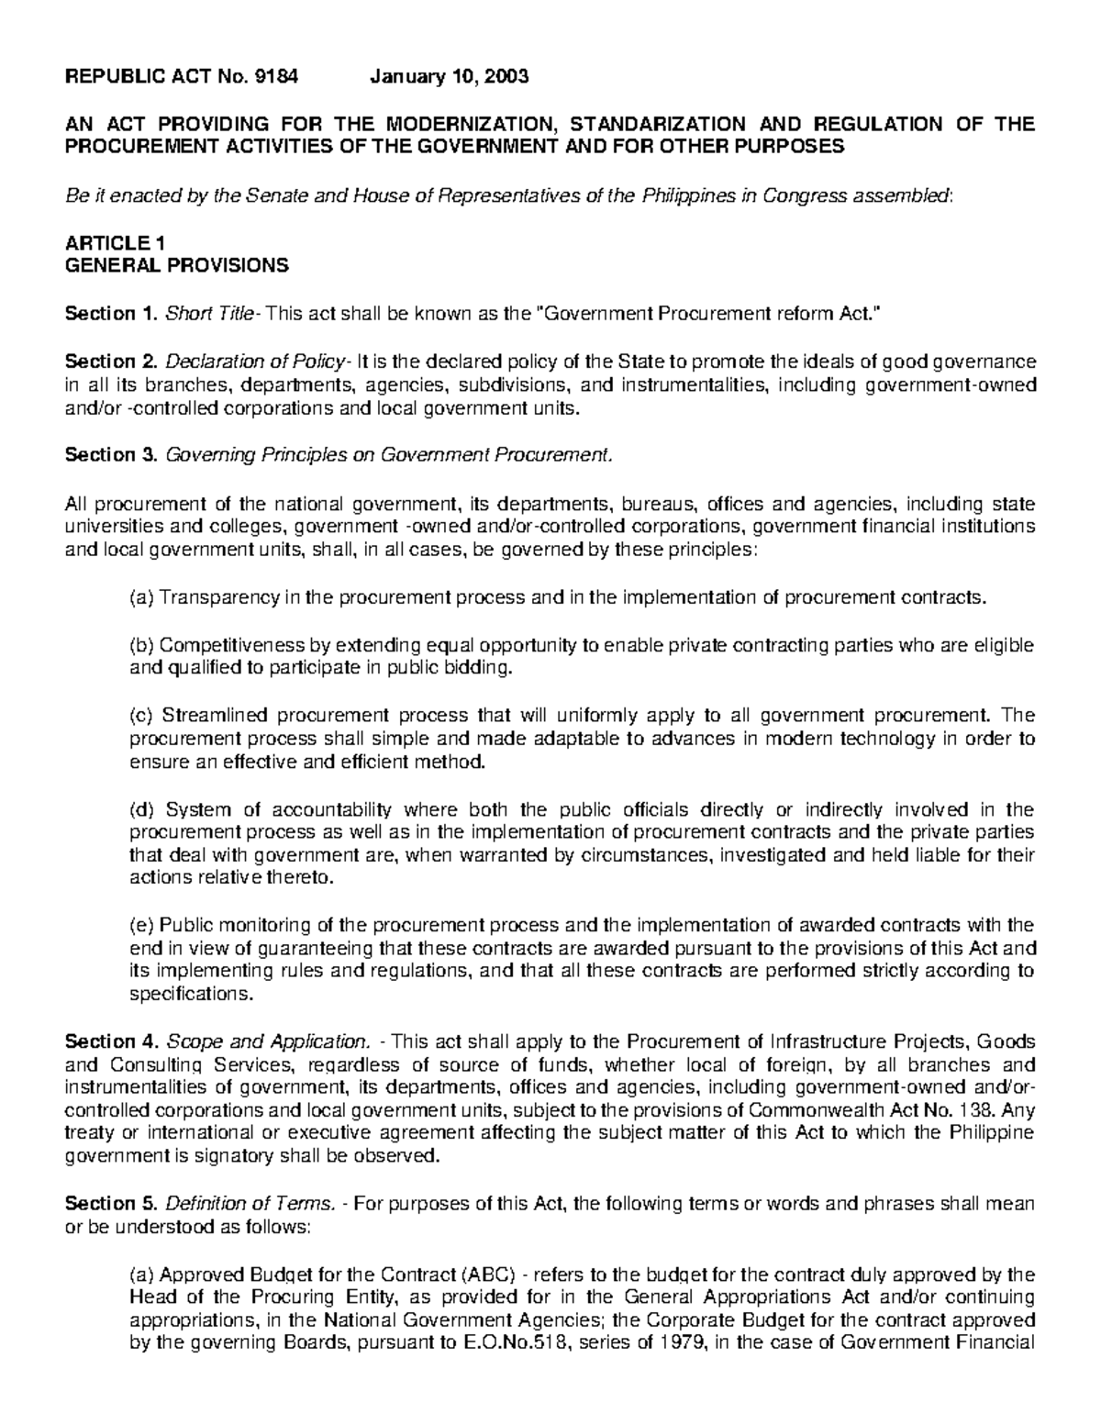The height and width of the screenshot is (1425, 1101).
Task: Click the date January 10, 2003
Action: [449, 77]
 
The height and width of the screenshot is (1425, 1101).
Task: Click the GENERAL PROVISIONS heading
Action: [176, 266]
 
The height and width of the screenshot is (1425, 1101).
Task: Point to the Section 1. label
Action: [111, 315]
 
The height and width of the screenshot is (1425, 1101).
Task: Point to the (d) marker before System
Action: [141, 809]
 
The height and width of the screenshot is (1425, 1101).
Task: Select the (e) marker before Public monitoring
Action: [141, 925]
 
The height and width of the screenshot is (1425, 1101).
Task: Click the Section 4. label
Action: [111, 1042]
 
